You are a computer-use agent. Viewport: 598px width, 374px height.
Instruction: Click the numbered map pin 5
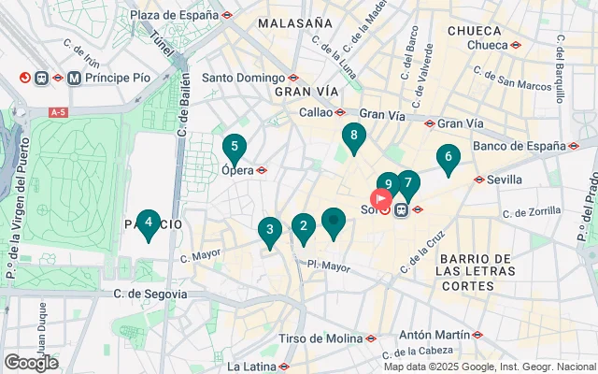(x=234, y=147)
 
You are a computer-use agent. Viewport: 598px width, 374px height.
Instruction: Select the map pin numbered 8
(x=353, y=137)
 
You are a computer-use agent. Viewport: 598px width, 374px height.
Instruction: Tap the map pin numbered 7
(x=408, y=183)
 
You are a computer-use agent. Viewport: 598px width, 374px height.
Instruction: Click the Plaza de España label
(x=174, y=15)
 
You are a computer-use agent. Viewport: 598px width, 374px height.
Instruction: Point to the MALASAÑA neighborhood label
(x=295, y=22)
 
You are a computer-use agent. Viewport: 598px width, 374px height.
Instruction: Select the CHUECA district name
(x=474, y=30)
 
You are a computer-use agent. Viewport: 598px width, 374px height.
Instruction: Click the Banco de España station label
(x=520, y=145)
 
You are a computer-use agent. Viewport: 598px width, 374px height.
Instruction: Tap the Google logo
(x=31, y=362)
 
